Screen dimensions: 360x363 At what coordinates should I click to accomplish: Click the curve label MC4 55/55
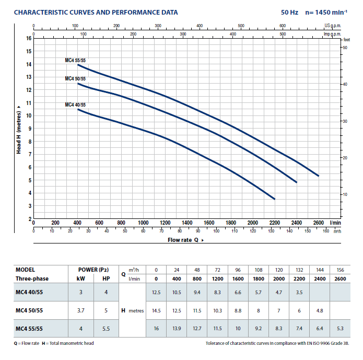(75, 61)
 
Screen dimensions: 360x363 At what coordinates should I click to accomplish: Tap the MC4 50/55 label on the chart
(75, 79)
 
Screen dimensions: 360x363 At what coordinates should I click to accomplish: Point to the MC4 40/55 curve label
(75, 105)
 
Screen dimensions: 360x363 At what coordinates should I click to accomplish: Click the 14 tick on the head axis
(29, 64)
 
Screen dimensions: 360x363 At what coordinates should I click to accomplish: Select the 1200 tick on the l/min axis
(165, 223)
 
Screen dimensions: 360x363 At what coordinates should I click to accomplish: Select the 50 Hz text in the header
(289, 13)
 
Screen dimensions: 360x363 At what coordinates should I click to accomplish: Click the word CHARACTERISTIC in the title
(40, 13)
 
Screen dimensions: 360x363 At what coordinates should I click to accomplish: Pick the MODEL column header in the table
(25, 270)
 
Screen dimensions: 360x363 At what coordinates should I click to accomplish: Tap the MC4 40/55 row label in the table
(30, 293)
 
